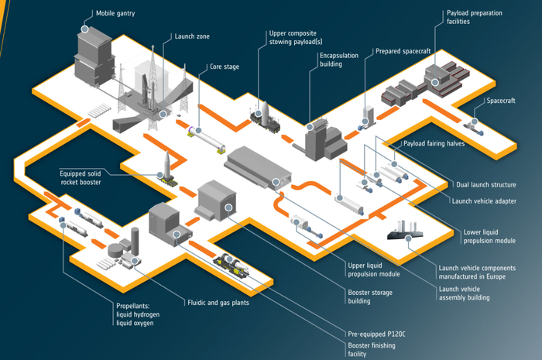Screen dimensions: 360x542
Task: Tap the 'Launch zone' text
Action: tap(192, 36)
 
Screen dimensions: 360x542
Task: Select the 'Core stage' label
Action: tap(225, 67)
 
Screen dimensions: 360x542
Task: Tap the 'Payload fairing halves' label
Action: tap(434, 144)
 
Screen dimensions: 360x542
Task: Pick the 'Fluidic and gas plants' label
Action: tap(218, 303)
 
